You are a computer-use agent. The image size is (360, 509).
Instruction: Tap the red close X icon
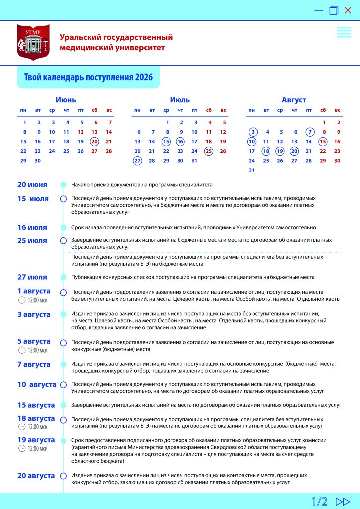(348, 10)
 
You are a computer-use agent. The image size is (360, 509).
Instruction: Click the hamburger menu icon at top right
(344, 32)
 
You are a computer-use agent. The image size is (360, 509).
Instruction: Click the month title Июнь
(66, 100)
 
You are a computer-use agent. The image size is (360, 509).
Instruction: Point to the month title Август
(294, 100)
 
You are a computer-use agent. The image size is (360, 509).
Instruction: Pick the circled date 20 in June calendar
(95, 141)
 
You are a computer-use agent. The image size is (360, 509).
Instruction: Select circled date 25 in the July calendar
(209, 151)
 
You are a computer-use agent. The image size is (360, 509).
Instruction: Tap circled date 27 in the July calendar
(137, 161)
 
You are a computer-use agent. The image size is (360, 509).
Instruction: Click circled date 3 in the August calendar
(253, 132)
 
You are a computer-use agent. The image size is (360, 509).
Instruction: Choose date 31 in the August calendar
(252, 170)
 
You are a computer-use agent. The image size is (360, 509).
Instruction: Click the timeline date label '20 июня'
(32, 185)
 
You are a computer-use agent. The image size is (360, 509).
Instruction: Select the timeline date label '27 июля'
(32, 277)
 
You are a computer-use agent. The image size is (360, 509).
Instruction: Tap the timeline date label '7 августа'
(34, 364)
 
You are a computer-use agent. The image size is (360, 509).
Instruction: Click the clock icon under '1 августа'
(21, 300)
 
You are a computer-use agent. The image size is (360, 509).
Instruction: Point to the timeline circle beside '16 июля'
(63, 227)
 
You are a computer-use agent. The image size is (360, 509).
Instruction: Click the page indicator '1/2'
(320, 501)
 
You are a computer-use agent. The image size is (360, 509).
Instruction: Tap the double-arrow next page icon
(343, 501)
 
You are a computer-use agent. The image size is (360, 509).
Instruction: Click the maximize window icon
(334, 10)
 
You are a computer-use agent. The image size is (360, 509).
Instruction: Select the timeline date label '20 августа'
(36, 475)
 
